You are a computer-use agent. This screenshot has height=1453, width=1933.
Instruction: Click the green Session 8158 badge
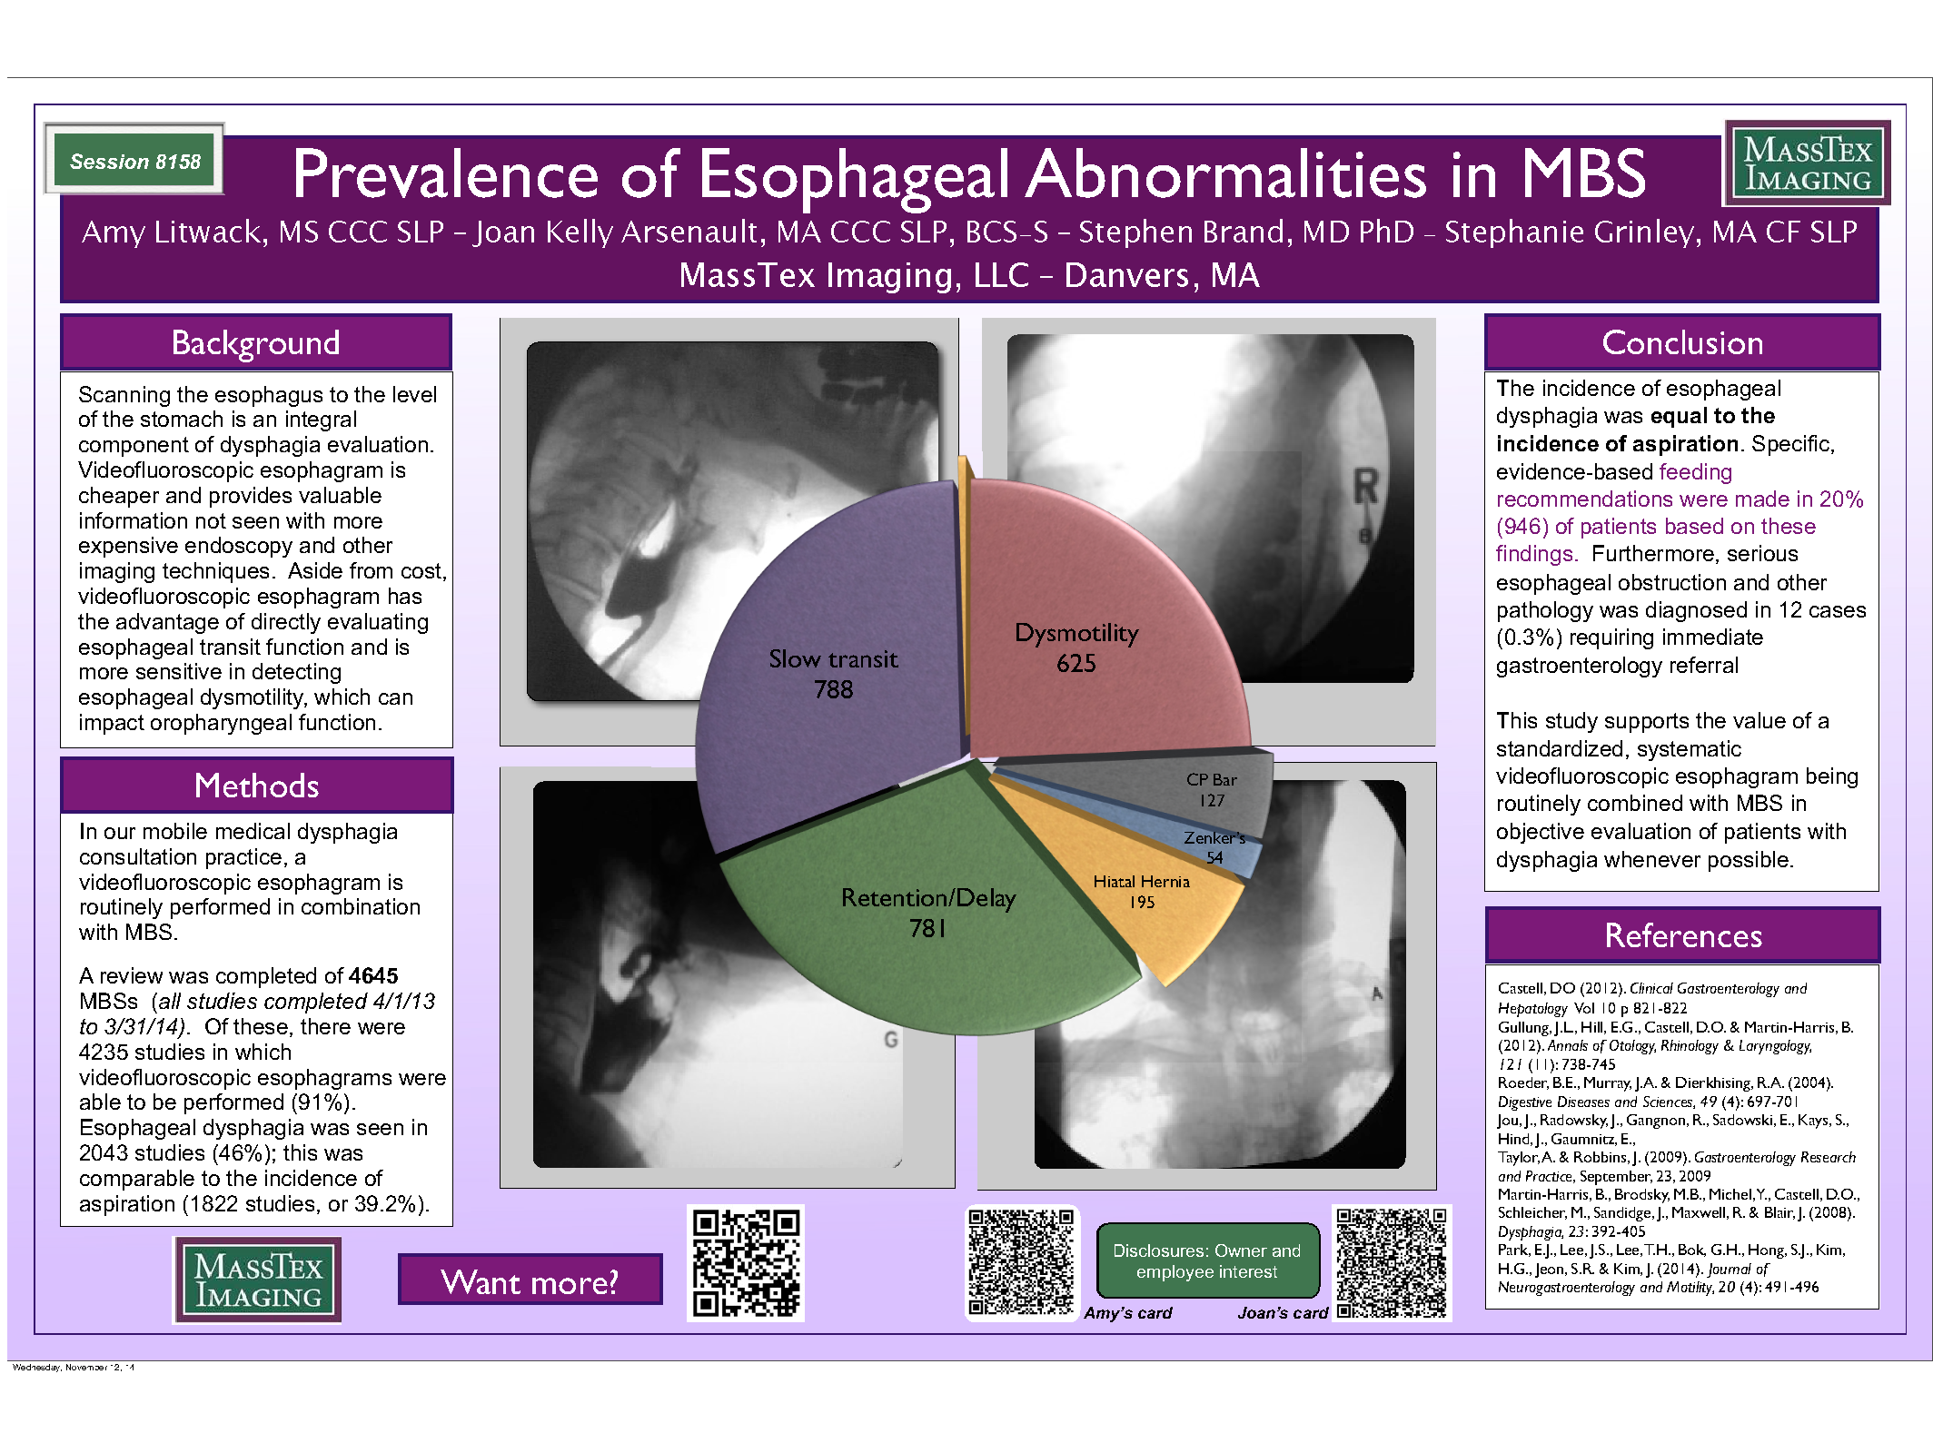[x=134, y=161]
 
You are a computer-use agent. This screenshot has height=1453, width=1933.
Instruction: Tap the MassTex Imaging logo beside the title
[x=1807, y=163]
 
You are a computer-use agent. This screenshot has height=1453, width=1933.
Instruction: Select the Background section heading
[x=255, y=343]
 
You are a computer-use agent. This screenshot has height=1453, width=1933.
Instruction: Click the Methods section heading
[x=256, y=786]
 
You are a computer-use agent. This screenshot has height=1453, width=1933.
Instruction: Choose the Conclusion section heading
[x=1681, y=343]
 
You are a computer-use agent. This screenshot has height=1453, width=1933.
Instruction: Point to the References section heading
[x=1682, y=935]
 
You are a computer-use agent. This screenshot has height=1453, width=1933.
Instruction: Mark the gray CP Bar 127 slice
[x=1208, y=788]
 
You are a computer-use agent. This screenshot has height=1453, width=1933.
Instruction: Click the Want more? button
[x=530, y=1280]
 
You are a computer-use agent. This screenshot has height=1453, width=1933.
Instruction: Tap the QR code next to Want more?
[x=746, y=1263]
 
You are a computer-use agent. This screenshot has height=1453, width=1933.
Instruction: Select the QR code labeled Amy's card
[x=1021, y=1261]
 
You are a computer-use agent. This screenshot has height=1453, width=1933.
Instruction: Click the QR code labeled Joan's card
[x=1392, y=1261]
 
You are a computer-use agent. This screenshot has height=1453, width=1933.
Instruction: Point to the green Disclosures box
[x=1207, y=1261]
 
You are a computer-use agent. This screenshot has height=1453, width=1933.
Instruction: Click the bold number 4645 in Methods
[x=373, y=976]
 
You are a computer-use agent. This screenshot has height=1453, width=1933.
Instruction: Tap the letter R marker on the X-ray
[x=1365, y=489]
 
